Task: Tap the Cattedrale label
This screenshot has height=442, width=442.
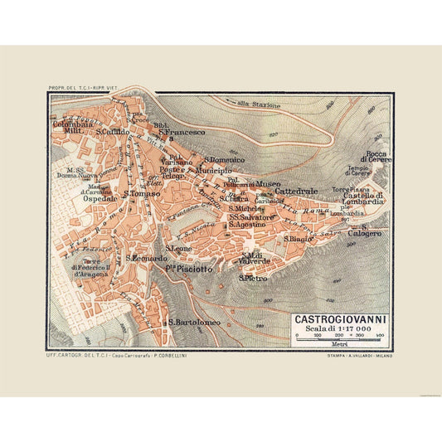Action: [x=297, y=191]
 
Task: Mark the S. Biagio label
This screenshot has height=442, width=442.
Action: [x=297, y=239]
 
